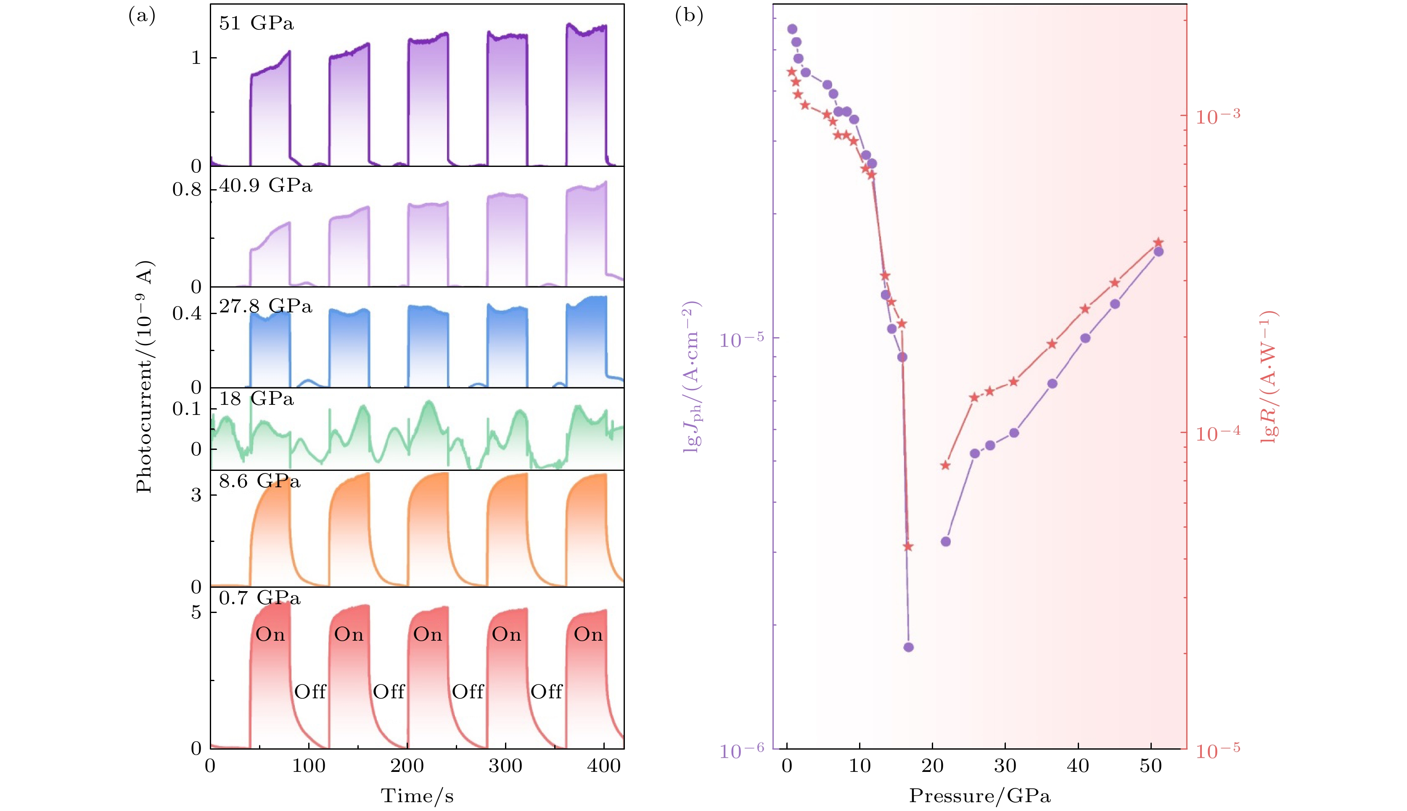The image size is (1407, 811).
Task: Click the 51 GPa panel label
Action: [256, 24]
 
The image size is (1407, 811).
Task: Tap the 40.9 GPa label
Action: [266, 185]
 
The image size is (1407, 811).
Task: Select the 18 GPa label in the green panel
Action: [256, 399]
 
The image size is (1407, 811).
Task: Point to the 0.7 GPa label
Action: [259, 598]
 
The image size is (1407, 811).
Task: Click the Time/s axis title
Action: [417, 796]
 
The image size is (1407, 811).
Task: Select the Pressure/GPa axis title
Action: [980, 796]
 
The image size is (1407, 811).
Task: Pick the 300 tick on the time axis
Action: [505, 766]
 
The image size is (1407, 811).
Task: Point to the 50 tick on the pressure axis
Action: [1151, 766]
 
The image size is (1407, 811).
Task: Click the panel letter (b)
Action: [689, 16]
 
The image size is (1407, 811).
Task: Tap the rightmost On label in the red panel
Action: [588, 634]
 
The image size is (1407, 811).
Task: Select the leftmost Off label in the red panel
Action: [310, 692]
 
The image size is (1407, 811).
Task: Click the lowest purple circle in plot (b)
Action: [908, 647]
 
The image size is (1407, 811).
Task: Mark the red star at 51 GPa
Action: [1158, 242]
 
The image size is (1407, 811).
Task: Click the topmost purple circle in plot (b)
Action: [792, 29]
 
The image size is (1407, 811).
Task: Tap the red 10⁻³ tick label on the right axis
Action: [1218, 116]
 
